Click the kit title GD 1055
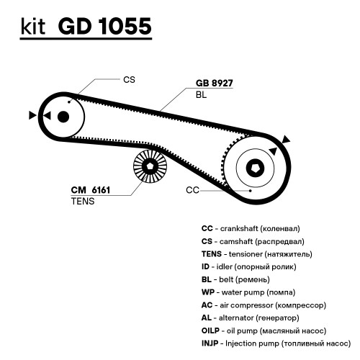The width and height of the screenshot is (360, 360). click(x=104, y=26)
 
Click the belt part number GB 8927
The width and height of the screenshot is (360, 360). click(x=215, y=83)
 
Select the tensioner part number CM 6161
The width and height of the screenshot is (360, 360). click(x=91, y=190)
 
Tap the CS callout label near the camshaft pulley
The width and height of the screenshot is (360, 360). click(x=129, y=80)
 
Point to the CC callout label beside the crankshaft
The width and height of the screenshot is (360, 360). click(x=192, y=190)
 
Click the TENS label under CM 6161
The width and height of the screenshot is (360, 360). click(x=83, y=201)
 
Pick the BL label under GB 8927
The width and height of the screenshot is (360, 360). click(x=201, y=95)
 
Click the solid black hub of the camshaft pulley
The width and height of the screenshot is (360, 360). click(x=63, y=117)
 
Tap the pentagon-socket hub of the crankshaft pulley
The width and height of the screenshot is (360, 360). click(x=255, y=168)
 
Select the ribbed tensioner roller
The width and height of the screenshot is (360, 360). click(x=150, y=166)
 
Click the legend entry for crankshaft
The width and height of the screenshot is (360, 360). click(x=251, y=228)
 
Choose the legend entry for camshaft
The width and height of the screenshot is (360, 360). click(x=253, y=241)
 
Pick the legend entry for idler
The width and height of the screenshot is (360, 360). click(x=249, y=266)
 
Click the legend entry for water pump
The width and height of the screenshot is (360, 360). click(x=248, y=292)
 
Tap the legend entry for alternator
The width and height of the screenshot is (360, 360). click(x=251, y=318)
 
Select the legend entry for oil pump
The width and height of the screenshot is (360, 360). click(x=264, y=330)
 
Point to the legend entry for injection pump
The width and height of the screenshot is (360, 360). click(x=276, y=343)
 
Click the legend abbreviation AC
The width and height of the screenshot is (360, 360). click(x=207, y=305)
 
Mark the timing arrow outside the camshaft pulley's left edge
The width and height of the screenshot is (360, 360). click(x=32, y=115)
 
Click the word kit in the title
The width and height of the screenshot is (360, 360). click(x=33, y=26)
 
